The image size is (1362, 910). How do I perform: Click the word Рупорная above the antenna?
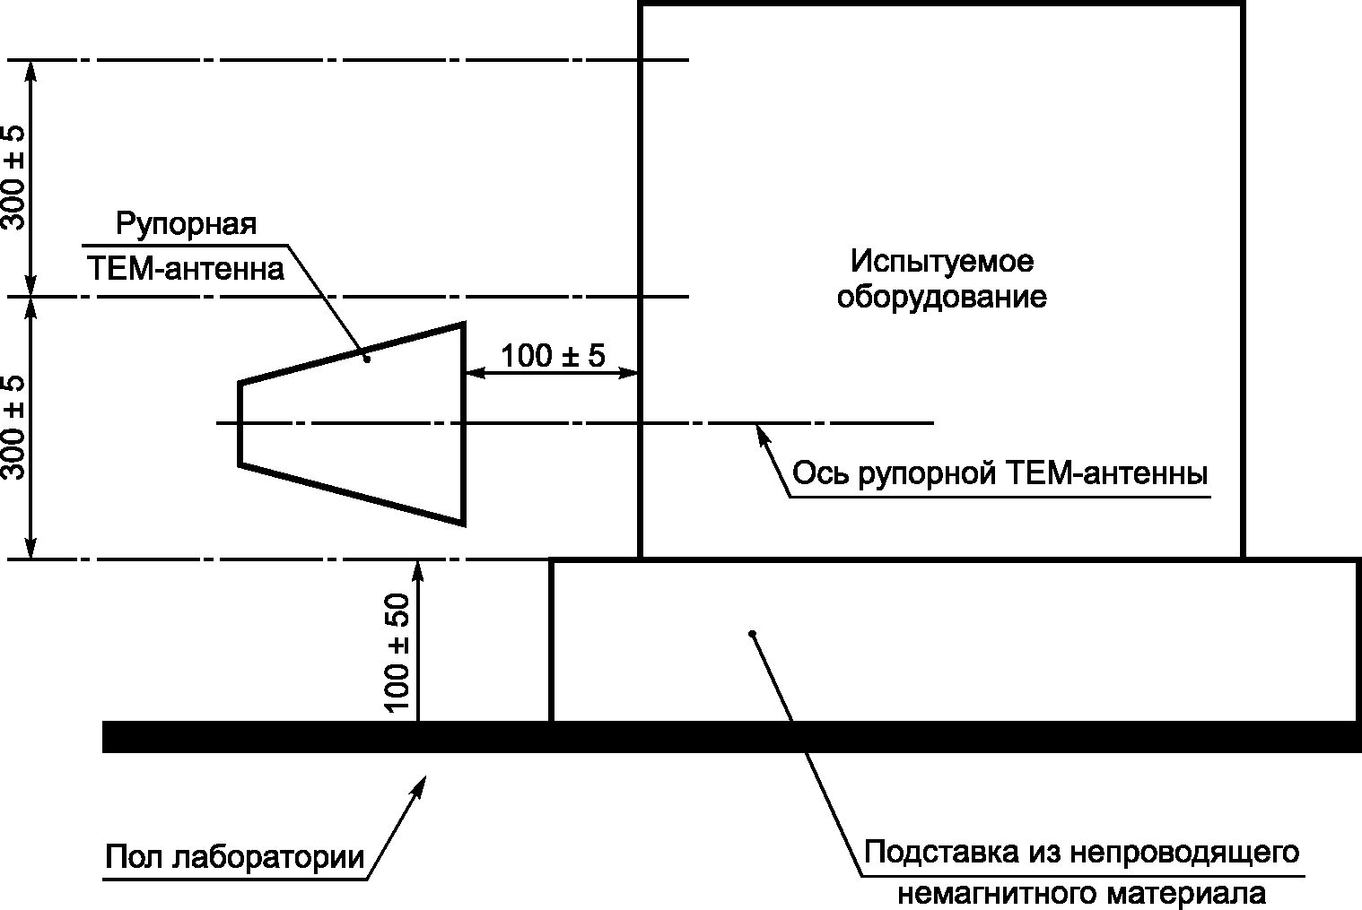click(186, 225)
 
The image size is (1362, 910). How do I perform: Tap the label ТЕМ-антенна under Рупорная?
click(186, 268)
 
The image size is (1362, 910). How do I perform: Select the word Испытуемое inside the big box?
click(942, 263)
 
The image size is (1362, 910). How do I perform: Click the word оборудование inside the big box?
click(942, 298)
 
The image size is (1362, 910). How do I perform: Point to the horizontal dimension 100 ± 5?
click(554, 355)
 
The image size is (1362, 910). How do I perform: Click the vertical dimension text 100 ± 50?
click(397, 653)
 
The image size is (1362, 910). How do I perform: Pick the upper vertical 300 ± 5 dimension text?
click(13, 178)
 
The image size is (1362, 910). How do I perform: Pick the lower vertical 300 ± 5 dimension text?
click(13, 429)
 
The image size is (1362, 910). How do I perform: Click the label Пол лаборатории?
click(235, 858)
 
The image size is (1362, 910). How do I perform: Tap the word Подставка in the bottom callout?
click(940, 853)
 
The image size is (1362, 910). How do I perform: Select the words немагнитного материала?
click(1082, 894)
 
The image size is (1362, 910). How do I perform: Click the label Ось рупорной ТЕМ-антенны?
click(1000, 473)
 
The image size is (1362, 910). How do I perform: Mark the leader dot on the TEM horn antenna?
click(367, 360)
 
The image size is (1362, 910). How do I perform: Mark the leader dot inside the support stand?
click(752, 634)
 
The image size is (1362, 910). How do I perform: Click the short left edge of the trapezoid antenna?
click(240, 424)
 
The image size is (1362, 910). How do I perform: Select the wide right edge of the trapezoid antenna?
click(463, 424)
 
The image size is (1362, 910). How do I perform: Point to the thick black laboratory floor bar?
click(732, 737)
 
